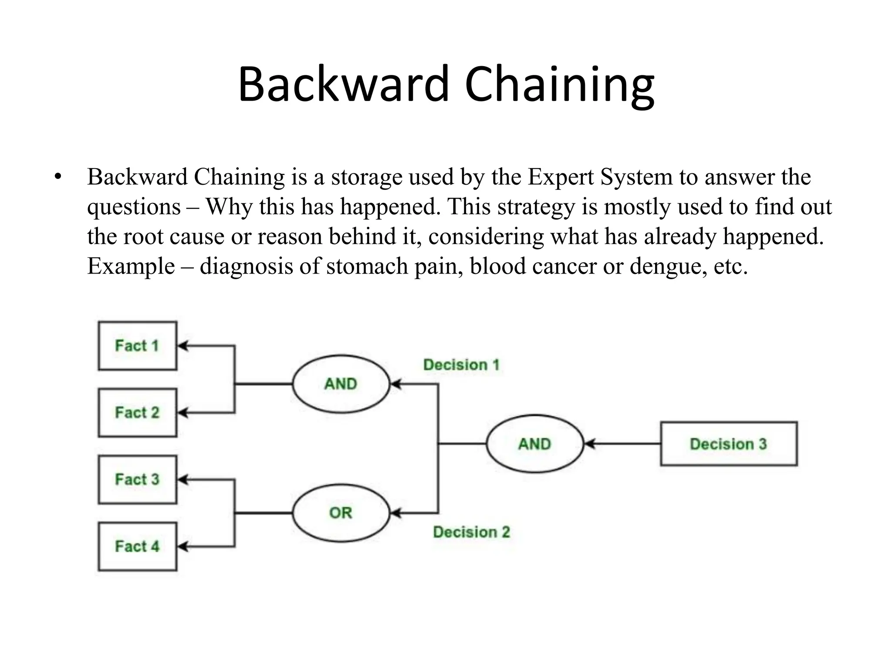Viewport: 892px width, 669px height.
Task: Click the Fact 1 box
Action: [x=137, y=346]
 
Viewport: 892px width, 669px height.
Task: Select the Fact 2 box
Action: [x=137, y=412]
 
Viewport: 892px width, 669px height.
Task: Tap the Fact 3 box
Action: [x=137, y=480]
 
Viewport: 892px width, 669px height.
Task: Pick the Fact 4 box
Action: [x=137, y=546]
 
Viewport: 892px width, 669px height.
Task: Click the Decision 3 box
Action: [x=728, y=444]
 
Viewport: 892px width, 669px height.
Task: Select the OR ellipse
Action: [x=341, y=513]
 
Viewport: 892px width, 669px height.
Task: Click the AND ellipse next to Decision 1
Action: [x=341, y=384]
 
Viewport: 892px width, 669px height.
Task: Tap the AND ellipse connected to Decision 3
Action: [x=534, y=444]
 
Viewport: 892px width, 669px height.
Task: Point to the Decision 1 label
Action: [x=461, y=365]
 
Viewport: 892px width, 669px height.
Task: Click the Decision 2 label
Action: [x=471, y=532]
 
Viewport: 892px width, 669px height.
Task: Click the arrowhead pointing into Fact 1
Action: [x=183, y=346]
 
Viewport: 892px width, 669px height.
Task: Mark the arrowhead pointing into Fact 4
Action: [x=183, y=547]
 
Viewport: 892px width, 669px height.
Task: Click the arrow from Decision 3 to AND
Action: [x=623, y=444]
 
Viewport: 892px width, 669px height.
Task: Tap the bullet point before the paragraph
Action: [x=58, y=177]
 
